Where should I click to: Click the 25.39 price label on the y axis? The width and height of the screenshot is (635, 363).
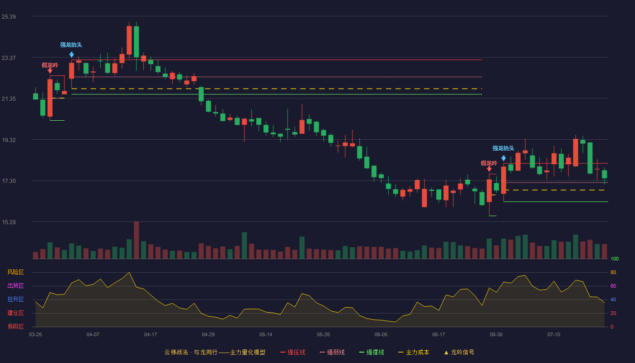click(9, 17)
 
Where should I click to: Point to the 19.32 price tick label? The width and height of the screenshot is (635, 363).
click(9, 140)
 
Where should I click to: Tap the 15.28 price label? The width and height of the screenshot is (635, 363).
click(9, 222)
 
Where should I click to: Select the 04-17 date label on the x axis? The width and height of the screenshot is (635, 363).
click(151, 335)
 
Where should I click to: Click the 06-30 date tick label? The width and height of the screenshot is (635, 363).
click(496, 335)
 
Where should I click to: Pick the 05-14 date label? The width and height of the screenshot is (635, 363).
click(266, 335)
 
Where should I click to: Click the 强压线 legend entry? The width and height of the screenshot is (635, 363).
click(293, 352)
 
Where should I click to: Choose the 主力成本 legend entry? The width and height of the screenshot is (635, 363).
click(414, 352)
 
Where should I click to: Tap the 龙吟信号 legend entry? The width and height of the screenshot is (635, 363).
click(459, 352)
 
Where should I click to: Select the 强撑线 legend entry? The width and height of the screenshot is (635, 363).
click(371, 352)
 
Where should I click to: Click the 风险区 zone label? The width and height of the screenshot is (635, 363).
click(15, 272)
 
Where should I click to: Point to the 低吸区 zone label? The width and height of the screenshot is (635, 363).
click(15, 327)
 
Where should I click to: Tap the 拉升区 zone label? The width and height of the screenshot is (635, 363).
click(15, 299)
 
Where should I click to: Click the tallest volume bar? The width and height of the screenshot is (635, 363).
click(137, 240)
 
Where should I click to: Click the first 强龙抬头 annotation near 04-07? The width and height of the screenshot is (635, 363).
click(71, 45)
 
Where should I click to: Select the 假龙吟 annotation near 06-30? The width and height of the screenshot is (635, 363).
click(489, 163)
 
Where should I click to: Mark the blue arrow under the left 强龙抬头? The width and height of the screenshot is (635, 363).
click(72, 55)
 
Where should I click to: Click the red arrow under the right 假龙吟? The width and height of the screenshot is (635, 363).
click(489, 169)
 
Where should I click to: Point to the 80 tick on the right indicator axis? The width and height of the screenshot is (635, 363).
click(613, 273)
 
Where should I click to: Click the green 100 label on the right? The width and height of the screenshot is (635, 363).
click(615, 259)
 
